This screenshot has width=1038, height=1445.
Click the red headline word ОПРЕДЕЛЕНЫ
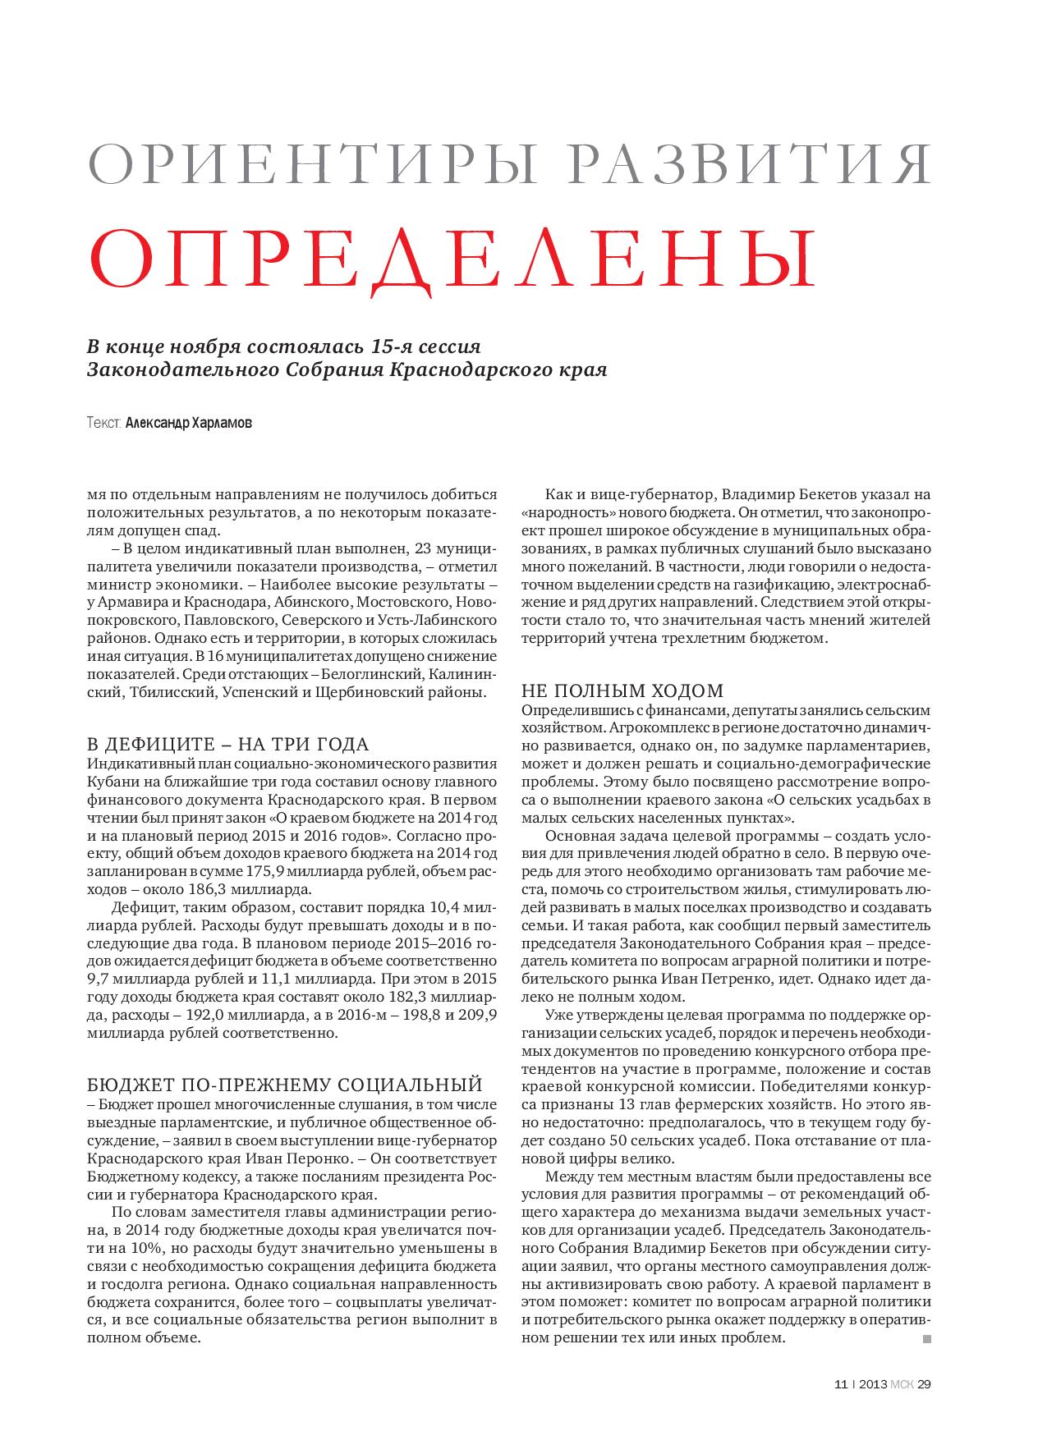(451, 259)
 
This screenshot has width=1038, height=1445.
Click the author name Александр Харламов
(190, 424)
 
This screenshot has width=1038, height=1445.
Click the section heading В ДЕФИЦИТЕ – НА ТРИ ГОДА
(228, 745)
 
